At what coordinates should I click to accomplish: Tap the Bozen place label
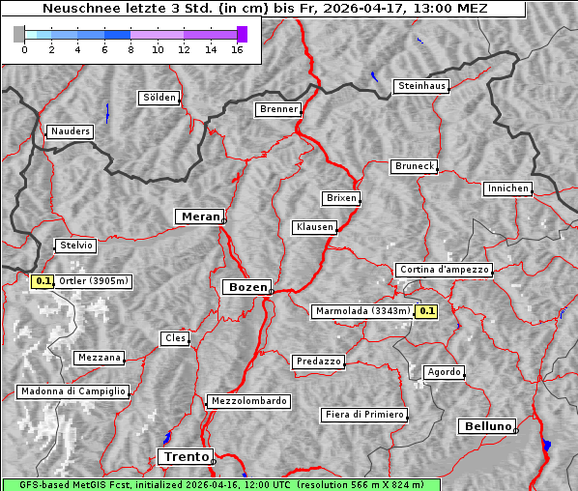click(x=246, y=287)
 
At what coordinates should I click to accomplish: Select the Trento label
click(x=184, y=456)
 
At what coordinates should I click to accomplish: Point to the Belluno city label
click(x=486, y=425)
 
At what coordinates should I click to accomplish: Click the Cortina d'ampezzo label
click(x=443, y=270)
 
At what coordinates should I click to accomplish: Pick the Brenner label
click(x=278, y=109)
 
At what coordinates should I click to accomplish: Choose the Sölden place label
click(x=159, y=98)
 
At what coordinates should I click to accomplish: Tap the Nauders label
click(x=69, y=131)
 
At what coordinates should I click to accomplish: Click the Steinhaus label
click(x=421, y=86)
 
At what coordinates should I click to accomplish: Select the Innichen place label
click(x=507, y=188)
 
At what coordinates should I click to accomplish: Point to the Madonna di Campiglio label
click(x=72, y=391)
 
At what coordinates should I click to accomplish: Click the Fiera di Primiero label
click(x=363, y=415)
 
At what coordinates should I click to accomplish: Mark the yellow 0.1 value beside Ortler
click(x=43, y=281)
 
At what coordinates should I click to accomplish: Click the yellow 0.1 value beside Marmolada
click(x=426, y=311)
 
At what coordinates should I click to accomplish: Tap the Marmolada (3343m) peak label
click(x=361, y=311)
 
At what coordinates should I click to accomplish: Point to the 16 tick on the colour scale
click(x=236, y=49)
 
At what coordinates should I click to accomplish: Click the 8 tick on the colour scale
click(x=130, y=49)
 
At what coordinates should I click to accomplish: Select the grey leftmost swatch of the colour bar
click(x=19, y=34)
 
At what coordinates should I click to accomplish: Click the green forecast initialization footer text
click(x=220, y=484)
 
